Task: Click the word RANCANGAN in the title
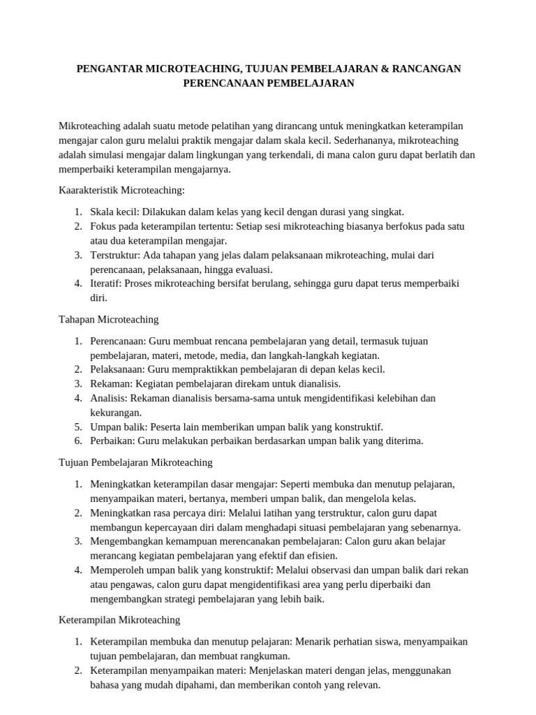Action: pos(426,68)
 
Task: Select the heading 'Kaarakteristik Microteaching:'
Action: pos(121,190)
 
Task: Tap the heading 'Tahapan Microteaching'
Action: pos(108,319)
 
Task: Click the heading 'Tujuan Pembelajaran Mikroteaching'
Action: pos(135,462)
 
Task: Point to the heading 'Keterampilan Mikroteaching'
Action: pos(119,619)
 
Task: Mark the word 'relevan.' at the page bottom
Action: pos(362,684)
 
